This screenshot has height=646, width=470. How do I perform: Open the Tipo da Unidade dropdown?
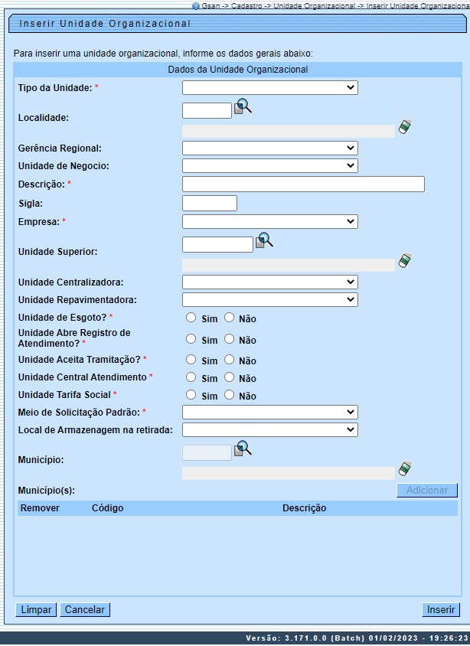(x=269, y=88)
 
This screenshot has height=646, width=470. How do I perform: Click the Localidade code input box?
(x=207, y=111)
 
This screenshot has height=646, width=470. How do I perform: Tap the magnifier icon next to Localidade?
(x=243, y=106)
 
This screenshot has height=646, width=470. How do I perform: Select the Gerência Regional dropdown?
(x=269, y=148)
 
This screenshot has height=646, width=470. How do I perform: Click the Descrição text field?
(x=303, y=184)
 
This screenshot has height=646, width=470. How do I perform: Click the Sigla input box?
(x=210, y=203)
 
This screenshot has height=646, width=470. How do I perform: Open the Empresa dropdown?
(x=269, y=221)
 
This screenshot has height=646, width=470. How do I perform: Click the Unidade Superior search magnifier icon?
(x=264, y=240)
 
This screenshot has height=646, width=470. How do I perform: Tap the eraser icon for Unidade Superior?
(x=405, y=262)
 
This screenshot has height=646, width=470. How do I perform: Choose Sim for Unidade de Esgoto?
(x=191, y=318)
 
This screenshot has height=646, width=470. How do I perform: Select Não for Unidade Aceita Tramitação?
(x=229, y=360)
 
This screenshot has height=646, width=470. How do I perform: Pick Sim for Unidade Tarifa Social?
(x=191, y=395)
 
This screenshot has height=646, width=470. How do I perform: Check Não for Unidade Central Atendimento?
(x=229, y=377)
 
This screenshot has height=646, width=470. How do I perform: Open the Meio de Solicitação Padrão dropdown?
(x=269, y=413)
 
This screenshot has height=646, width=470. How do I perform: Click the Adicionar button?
(x=426, y=491)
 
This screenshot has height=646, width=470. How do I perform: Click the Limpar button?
(x=36, y=609)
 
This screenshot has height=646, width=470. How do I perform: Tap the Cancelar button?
(x=85, y=609)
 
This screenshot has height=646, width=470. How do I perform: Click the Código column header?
(x=107, y=508)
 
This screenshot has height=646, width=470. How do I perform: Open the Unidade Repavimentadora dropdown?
(x=269, y=299)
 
